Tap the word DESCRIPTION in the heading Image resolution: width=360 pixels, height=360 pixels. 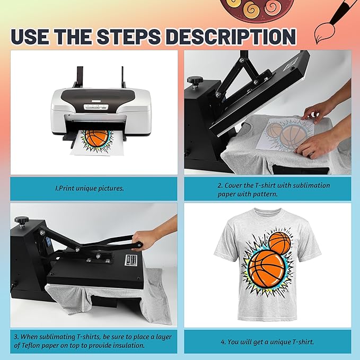coord(231,37)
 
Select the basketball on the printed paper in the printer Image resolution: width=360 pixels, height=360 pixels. coord(96,138)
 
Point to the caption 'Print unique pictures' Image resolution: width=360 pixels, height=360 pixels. coord(90,189)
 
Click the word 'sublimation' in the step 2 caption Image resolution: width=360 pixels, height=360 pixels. coord(312,185)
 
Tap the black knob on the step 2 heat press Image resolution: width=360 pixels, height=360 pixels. coord(195,81)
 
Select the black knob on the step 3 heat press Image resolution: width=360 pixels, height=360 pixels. coord(22,221)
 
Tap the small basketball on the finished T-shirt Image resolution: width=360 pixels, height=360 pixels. coord(279,243)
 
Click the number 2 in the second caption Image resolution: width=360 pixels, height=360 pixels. coord(219,186)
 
